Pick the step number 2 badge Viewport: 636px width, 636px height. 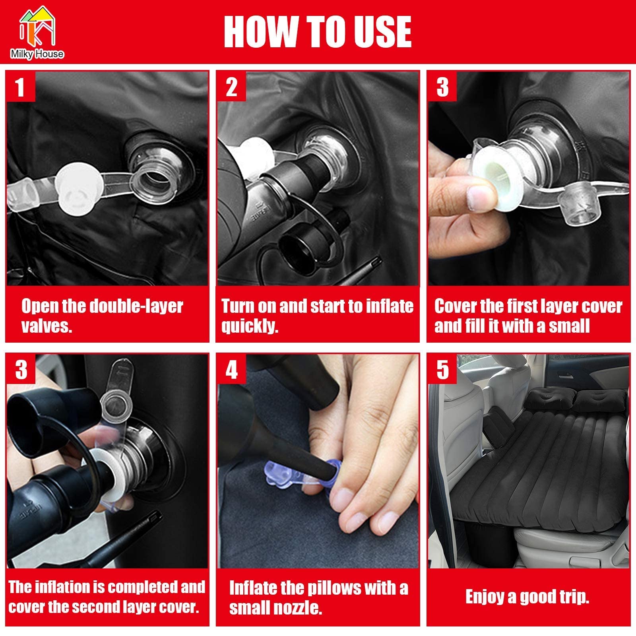231,87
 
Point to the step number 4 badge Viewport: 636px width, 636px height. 231,370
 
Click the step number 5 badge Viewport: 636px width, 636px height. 442,370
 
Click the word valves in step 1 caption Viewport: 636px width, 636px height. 47,326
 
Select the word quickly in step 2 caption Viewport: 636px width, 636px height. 250,327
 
